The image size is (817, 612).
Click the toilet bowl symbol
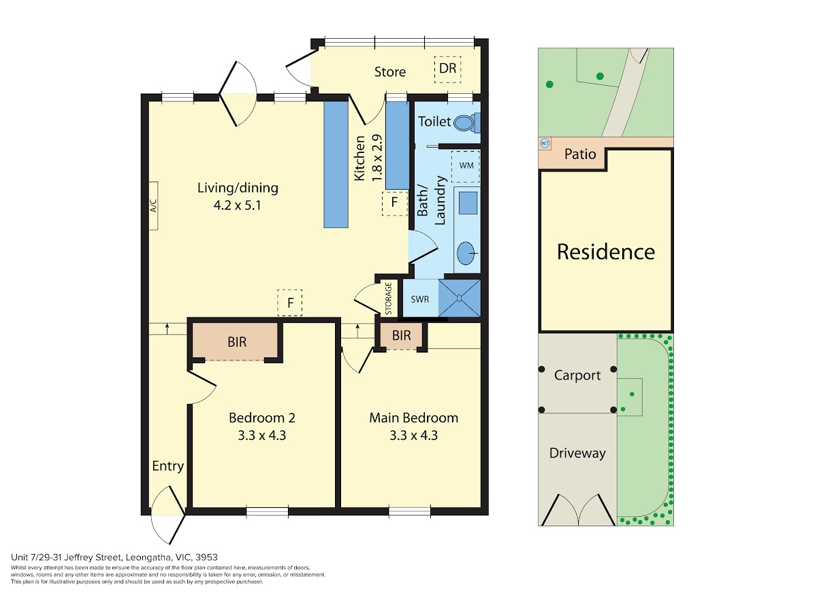(x=464, y=122)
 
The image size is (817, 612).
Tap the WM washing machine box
(x=465, y=166)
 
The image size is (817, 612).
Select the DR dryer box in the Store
(x=448, y=69)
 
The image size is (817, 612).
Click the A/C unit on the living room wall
(x=153, y=205)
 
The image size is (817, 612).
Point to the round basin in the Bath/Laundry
(x=466, y=253)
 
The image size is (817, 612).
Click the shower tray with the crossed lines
(x=460, y=298)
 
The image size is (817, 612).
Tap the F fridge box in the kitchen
(x=394, y=203)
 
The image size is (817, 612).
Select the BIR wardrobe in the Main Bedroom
(x=401, y=336)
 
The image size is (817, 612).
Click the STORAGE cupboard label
(x=388, y=299)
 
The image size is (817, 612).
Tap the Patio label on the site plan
(x=580, y=154)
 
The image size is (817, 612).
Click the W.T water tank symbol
(x=545, y=143)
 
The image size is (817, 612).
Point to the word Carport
(x=577, y=375)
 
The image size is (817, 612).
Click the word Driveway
(x=577, y=454)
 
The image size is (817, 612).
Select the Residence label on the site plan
(x=605, y=252)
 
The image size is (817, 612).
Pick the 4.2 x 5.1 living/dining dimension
(x=237, y=205)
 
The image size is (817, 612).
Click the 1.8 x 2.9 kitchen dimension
(x=377, y=158)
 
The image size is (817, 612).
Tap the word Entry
(x=168, y=466)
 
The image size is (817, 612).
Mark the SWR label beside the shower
(x=420, y=299)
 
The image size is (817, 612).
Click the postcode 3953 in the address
(x=206, y=557)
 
